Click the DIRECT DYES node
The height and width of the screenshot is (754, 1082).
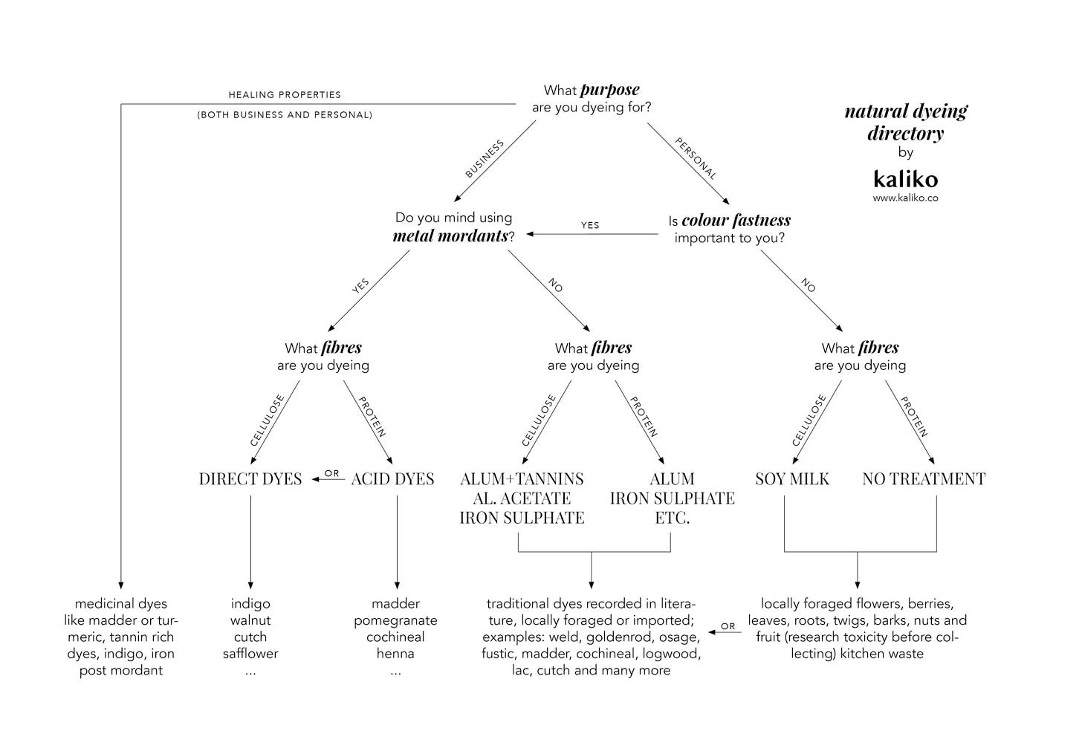point(250,479)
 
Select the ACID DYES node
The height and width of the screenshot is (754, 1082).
point(392,479)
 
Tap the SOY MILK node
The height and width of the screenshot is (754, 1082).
point(792,479)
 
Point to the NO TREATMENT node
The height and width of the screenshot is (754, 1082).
point(924,479)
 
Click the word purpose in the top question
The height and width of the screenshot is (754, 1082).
point(609,90)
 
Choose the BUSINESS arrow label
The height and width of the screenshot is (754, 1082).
point(485,158)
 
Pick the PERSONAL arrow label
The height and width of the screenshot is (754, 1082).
point(696,159)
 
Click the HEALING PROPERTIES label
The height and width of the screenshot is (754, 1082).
point(285,95)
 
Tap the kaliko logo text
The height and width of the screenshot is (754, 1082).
point(905,179)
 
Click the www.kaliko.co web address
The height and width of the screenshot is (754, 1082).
point(905,198)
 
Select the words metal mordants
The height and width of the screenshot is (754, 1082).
point(450,236)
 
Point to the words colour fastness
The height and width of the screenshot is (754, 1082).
point(736,220)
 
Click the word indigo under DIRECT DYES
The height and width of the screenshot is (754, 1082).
point(250,604)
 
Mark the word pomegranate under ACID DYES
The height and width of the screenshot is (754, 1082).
point(395,620)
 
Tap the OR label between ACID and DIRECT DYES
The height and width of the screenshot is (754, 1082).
point(331,473)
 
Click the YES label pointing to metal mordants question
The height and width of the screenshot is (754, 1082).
point(590,225)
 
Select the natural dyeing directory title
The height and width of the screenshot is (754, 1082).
point(905,123)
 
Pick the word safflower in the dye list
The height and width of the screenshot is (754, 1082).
point(250,654)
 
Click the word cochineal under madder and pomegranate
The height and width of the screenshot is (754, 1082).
point(395,637)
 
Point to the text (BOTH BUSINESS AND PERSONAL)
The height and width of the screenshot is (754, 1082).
point(285,115)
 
